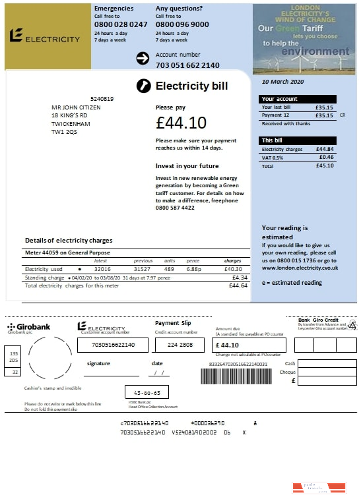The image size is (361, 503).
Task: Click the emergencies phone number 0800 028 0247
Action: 121,24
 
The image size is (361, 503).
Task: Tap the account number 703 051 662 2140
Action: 187,65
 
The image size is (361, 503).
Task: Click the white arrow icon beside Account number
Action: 143,59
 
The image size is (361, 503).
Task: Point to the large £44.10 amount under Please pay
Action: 181,123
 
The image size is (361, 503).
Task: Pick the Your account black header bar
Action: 298,99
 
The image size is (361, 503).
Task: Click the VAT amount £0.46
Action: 326,158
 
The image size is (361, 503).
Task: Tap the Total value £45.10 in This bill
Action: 325,165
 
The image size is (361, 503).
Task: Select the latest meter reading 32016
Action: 102,269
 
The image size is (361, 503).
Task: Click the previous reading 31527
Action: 143,269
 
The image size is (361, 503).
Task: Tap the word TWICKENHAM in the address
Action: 71,123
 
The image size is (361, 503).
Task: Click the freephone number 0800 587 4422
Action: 175,208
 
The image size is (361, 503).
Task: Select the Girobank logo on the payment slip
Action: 26,328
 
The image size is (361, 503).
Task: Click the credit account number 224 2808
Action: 180,345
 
